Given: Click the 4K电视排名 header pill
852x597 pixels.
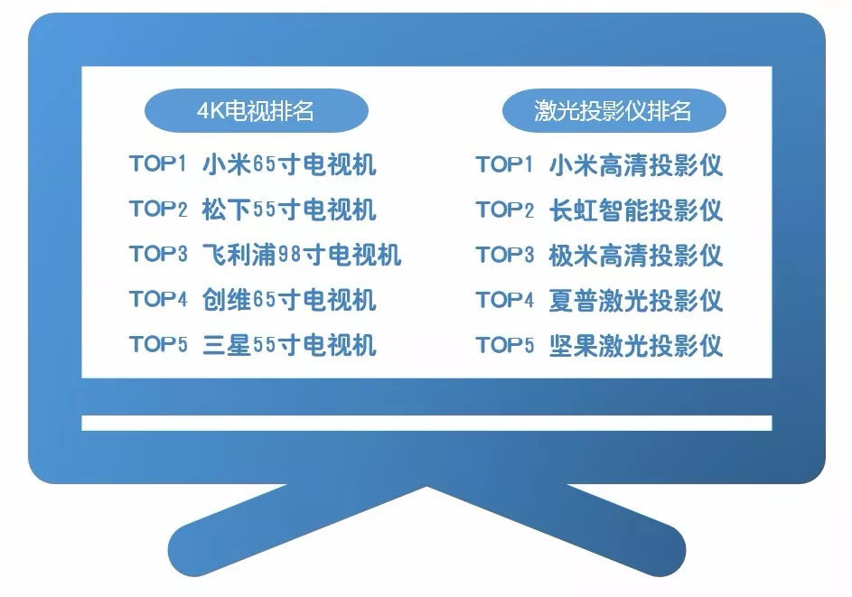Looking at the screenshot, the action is coord(257,110).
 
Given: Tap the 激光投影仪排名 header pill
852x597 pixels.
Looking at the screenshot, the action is coord(614,110).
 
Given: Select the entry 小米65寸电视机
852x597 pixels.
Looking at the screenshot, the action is coord(289,164).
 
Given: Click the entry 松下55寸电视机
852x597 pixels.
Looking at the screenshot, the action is coord(289,210).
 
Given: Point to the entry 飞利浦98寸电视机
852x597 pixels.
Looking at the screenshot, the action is coord(302,255).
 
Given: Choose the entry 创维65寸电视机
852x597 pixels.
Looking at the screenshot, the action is coord(289,300).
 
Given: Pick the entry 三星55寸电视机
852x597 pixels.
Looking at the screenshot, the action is coord(289,345).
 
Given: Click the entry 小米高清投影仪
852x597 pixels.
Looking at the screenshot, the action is coord(636,164).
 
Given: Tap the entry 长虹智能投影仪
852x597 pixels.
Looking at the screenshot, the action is coord(636,210).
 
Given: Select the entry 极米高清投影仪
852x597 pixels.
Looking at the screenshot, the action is coord(636,255).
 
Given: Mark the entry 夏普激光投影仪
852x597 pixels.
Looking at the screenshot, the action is coord(636,300).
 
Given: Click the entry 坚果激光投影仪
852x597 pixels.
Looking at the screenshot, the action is coord(636,345).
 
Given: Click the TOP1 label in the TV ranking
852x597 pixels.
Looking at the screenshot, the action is coord(158,163).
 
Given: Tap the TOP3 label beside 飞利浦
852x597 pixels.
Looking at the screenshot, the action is coord(158,254).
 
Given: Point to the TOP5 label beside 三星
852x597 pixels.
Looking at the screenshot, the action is coord(158,344).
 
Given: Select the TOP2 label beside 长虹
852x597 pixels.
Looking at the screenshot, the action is coord(505,210).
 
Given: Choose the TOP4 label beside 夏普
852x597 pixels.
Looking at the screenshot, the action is coord(505,299).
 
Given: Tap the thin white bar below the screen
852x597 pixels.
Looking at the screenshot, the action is coord(426,423).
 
